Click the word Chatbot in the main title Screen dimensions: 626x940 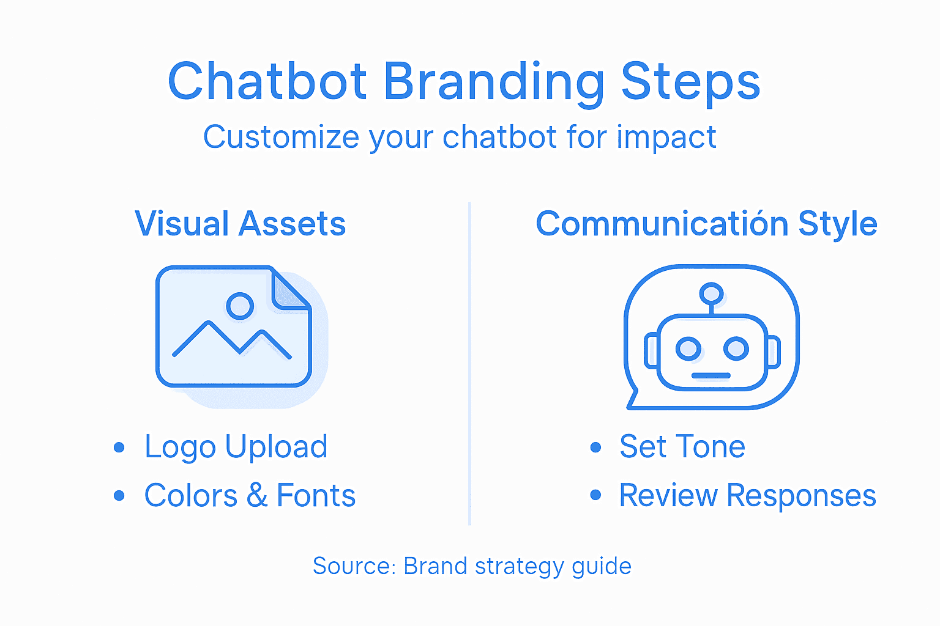click(267, 82)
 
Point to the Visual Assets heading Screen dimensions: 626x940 click(240, 224)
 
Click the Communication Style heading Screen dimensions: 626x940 click(706, 224)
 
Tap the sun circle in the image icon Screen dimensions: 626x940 click(240, 306)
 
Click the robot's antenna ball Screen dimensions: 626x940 click(711, 293)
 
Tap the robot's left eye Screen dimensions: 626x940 click(688, 348)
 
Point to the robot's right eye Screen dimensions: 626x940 click(736, 348)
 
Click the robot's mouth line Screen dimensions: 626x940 click(711, 375)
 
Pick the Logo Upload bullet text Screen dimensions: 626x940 click(236, 447)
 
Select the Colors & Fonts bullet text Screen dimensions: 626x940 click(250, 496)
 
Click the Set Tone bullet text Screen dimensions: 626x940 click(682, 447)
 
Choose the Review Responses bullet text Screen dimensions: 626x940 click(747, 496)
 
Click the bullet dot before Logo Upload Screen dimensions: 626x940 click(119, 447)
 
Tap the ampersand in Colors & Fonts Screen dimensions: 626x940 click(257, 496)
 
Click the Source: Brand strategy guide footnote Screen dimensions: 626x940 click(471, 566)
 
